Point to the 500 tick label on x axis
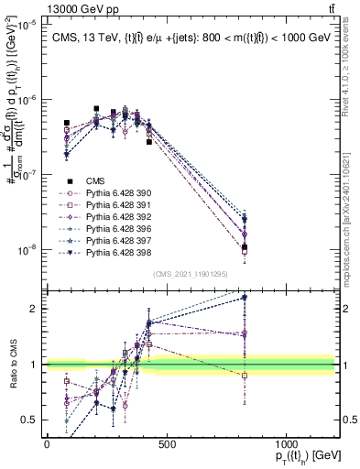click(x=167, y=443)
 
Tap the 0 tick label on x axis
click(x=47, y=443)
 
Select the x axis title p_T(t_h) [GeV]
click(x=302, y=457)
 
